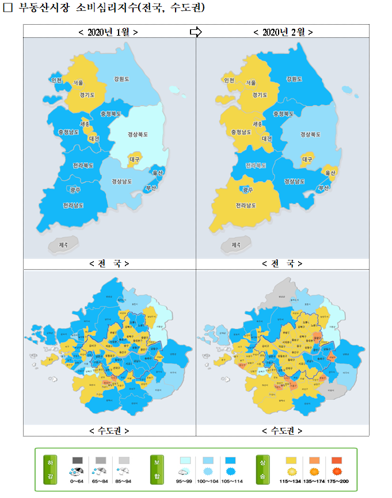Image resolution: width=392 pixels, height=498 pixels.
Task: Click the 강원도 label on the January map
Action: click(122, 78)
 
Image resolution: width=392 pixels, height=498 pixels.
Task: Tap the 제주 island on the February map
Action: click(236, 244)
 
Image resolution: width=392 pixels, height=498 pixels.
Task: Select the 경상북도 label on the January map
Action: click(137, 135)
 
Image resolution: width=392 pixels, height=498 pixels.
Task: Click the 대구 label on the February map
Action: click(307, 159)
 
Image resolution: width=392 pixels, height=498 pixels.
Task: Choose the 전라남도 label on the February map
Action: click(246, 205)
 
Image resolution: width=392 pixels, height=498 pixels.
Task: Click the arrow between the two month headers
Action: click(196, 32)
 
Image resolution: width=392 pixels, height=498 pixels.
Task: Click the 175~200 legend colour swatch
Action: click(337, 461)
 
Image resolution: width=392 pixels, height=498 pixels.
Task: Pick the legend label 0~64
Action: click(77, 481)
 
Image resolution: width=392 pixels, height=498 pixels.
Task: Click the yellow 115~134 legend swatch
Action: click(291, 461)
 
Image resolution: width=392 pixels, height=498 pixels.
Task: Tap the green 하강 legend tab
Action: click(50, 470)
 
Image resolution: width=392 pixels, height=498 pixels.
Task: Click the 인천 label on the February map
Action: click(229, 81)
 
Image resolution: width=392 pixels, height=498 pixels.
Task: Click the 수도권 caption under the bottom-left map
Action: click(109, 430)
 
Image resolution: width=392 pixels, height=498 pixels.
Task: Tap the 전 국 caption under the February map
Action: click(282, 263)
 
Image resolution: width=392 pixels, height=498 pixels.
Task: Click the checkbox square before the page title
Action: click(8, 9)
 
